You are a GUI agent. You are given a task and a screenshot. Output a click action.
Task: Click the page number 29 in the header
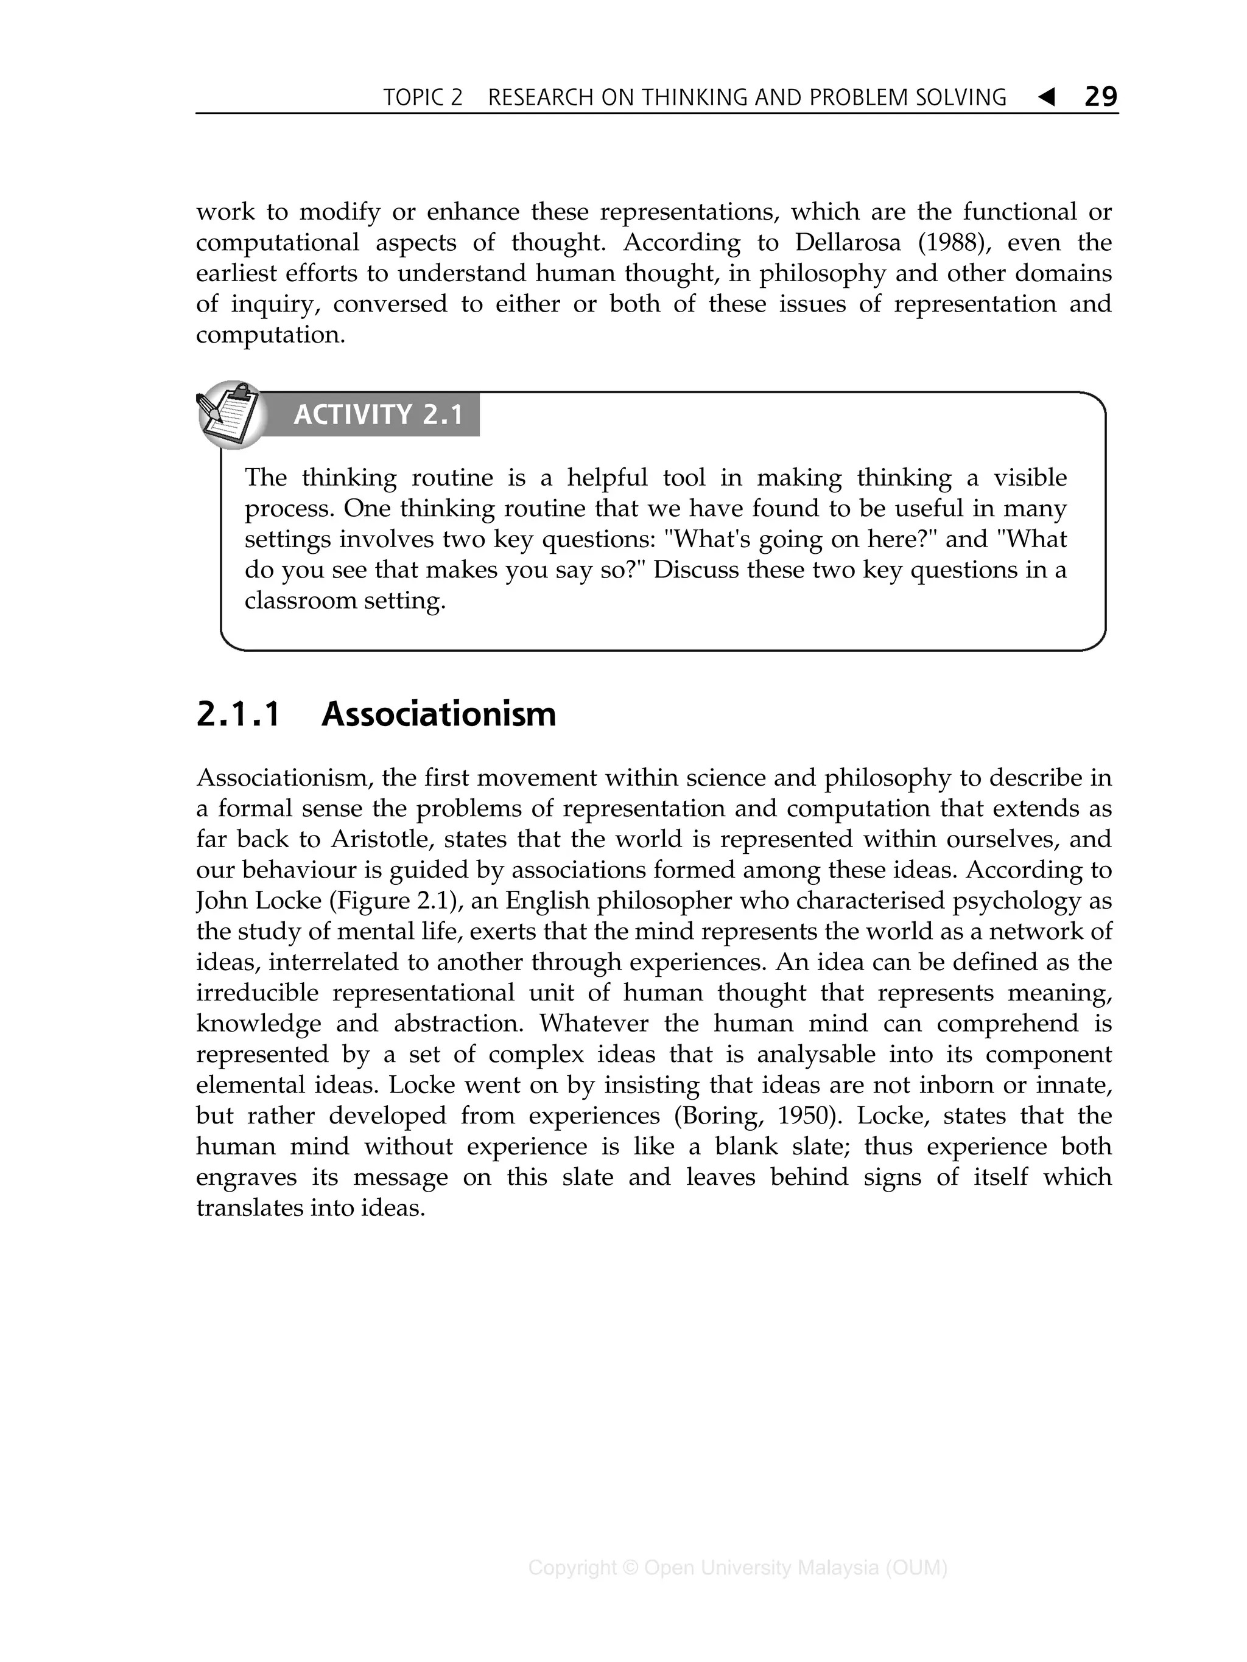tap(1101, 96)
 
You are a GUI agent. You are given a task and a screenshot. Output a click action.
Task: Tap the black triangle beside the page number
tap(1045, 96)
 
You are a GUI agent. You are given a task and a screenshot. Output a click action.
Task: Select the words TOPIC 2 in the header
tap(423, 97)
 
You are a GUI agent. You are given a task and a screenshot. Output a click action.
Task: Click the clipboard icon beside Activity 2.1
tap(230, 414)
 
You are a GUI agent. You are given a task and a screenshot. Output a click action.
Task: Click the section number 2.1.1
tap(238, 714)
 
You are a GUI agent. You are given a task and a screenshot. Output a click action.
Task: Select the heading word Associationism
tap(439, 714)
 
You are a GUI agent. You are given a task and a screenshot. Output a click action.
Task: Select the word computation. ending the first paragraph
tap(270, 335)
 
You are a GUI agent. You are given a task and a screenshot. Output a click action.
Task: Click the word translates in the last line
tap(250, 1208)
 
